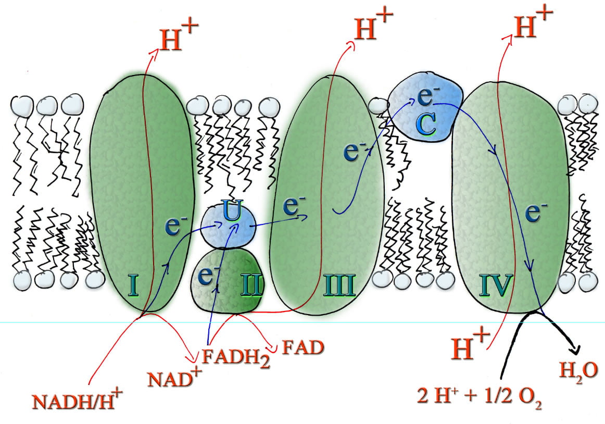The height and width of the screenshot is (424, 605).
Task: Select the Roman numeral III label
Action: pos(339,285)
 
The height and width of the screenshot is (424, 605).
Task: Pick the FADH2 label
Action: pos(236,357)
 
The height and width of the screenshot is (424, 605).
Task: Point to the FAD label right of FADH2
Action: pos(303,347)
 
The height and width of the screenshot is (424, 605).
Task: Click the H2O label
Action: pos(578,371)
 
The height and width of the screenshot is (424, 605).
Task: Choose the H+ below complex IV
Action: pos(470,343)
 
